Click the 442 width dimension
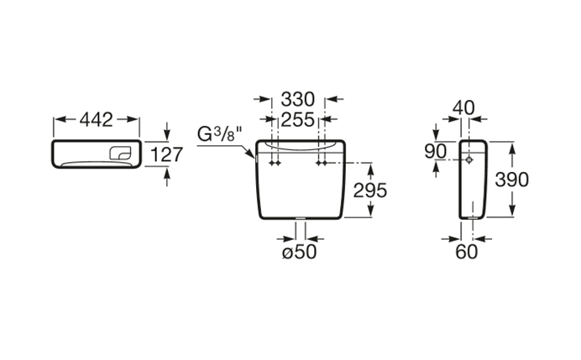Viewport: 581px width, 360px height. pos(97,120)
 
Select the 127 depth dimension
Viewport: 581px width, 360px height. pos(167,154)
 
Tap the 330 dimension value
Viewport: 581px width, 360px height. pos(298,99)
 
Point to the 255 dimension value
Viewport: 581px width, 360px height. pos(298,119)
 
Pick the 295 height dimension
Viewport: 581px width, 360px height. pos(369,190)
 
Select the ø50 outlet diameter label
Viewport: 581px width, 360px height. pos(300,253)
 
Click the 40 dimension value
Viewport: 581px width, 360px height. pos(463,107)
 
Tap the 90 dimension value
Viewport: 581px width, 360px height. pos(436,152)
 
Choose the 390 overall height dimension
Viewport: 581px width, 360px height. pos(512,180)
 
